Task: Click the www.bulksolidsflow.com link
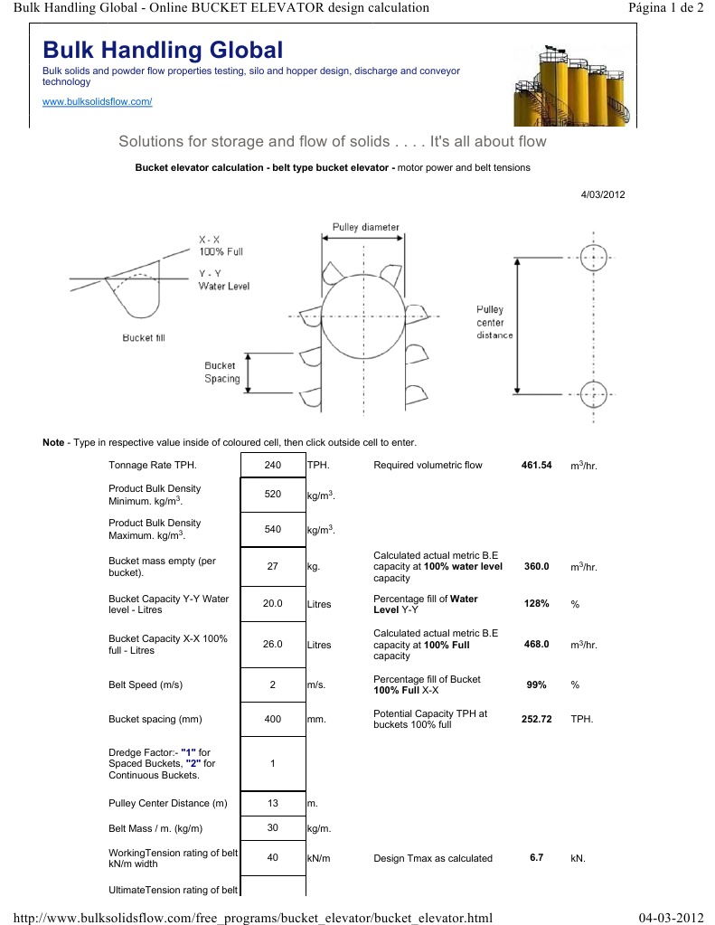point(98,101)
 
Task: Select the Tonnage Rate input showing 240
point(273,466)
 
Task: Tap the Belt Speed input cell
point(273,685)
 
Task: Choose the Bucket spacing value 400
point(273,720)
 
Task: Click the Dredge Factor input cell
point(273,763)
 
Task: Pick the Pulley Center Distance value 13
point(273,803)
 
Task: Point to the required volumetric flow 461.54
point(536,466)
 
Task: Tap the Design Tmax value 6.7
point(536,857)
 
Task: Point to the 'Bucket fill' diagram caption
point(144,338)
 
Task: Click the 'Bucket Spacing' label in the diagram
point(222,373)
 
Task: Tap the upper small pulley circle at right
point(593,257)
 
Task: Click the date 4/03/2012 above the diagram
point(603,194)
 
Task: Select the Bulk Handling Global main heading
point(163,50)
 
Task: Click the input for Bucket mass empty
point(273,567)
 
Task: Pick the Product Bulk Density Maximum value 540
point(273,529)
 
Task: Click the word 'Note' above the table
point(53,442)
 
